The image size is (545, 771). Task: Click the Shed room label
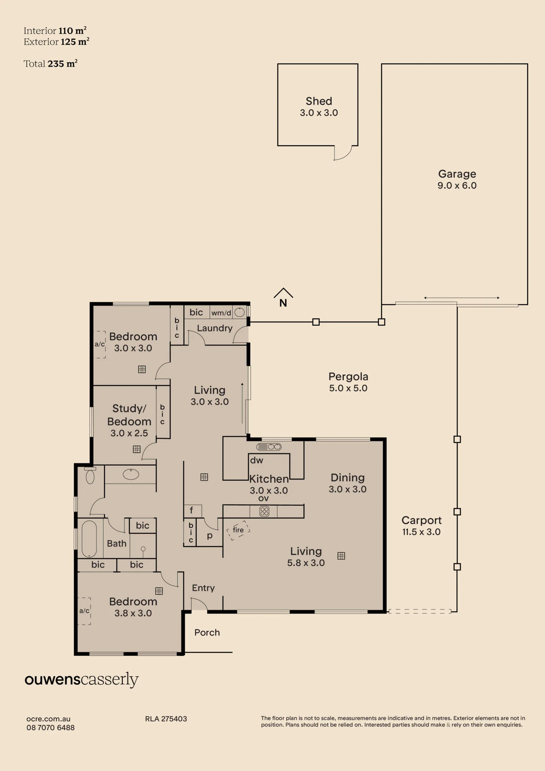coord(319,101)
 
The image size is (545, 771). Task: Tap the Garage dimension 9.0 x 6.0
coord(457,185)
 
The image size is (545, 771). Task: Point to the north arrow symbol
coord(283,298)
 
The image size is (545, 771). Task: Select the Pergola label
coord(348,377)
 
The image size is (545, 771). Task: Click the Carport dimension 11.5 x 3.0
coord(421,532)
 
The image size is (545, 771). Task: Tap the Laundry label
coord(215,328)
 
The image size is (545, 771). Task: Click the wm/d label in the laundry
coord(221,313)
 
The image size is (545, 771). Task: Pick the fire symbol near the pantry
coord(238,530)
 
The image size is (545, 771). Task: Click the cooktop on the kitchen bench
coord(264,512)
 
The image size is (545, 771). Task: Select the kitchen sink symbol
coord(269,447)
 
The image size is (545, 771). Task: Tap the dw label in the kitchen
coord(257,460)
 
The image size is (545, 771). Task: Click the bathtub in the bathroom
coord(89,539)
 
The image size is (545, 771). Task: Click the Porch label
coord(207,633)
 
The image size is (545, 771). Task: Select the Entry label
coord(203,588)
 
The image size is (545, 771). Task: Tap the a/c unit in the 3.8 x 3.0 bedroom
coord(84,611)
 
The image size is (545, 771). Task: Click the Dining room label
coord(348,478)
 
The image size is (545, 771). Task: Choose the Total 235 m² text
coord(50,64)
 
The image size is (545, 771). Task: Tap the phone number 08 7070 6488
coord(50,727)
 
